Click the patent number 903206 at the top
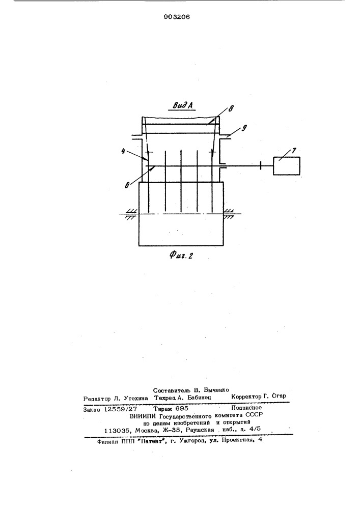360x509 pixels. (177, 17)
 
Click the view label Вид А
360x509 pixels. (183, 105)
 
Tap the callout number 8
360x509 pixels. (230, 109)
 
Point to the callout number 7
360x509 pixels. (294, 151)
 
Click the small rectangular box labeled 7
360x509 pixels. (286, 166)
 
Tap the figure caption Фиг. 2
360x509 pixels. (181, 255)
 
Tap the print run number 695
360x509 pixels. (182, 408)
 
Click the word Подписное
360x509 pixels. (246, 408)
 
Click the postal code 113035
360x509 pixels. (117, 431)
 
